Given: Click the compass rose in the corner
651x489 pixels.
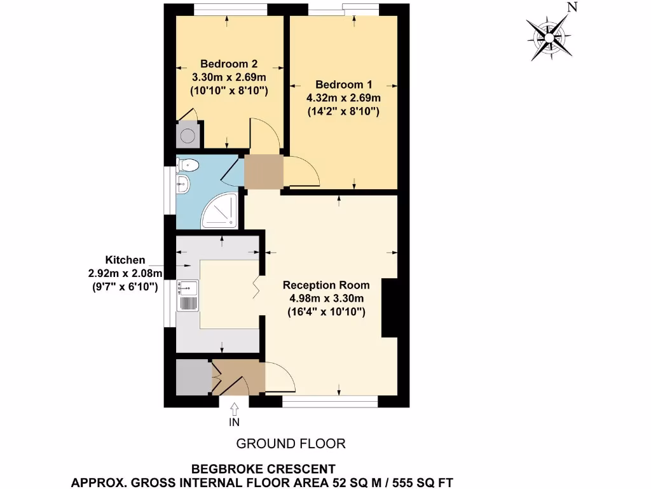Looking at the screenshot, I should pos(548,37).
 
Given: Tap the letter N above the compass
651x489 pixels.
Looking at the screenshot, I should pos(572,8).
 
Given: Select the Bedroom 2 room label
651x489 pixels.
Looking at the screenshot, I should pos(229,64).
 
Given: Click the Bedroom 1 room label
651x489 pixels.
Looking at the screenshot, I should pos(343,84).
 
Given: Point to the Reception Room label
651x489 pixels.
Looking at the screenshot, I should pos(324,285).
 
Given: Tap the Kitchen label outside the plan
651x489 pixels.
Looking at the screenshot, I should pos(125,260).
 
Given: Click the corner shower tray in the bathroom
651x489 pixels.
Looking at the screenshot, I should pos(220,212).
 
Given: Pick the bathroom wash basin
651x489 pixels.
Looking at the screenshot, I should pos(183,185).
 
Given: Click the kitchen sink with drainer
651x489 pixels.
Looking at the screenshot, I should pos(188,296).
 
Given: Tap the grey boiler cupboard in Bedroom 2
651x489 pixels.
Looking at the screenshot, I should pos(188,135).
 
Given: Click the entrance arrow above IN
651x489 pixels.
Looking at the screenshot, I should pos(235,407).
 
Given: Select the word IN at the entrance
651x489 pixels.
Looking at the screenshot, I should pos(235,422).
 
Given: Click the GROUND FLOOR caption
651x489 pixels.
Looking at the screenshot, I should pos(291,443).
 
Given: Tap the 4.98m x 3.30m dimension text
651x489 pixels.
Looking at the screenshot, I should pos(324,298).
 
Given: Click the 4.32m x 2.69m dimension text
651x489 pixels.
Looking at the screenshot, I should pos(343,98).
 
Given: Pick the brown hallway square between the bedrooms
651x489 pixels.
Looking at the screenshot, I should pos(263,171).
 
